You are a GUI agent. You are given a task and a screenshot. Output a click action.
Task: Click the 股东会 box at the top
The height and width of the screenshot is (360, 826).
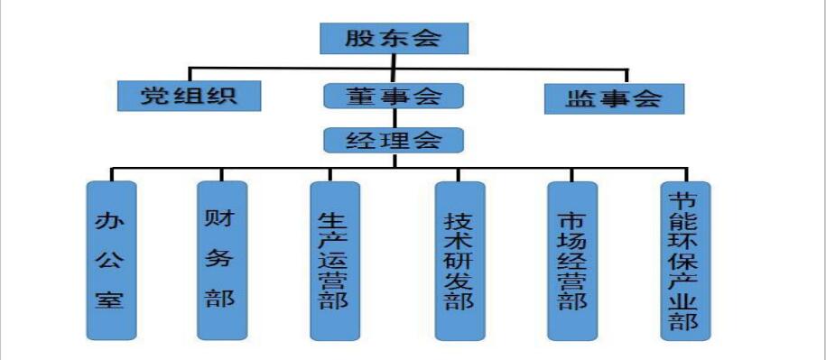click(394, 38)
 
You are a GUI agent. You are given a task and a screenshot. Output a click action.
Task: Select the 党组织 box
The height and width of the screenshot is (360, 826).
click(190, 95)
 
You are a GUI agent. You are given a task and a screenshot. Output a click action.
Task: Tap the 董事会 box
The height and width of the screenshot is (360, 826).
click(393, 97)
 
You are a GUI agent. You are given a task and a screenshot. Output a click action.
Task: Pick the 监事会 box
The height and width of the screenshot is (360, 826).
click(614, 97)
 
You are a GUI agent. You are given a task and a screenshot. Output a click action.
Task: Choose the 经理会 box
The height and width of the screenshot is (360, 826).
click(393, 140)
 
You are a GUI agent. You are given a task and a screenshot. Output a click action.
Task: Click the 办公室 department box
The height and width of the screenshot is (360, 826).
click(112, 260)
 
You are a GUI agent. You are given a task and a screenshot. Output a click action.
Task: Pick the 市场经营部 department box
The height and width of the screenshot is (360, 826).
click(572, 260)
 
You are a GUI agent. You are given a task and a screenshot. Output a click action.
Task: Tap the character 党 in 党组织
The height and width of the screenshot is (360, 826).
click(155, 95)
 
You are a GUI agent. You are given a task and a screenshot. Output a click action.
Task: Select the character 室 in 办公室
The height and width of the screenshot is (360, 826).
click(112, 299)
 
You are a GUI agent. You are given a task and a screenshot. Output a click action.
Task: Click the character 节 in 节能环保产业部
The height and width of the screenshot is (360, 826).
click(685, 199)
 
